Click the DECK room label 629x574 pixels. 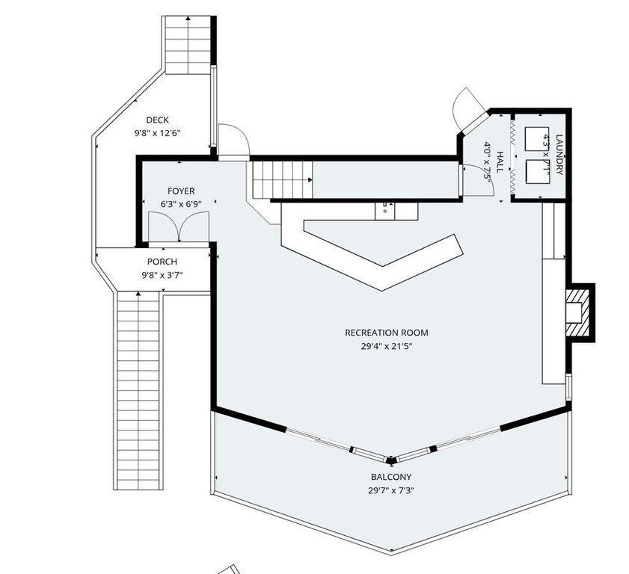[x=157, y=120]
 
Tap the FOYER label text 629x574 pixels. [x=181, y=191]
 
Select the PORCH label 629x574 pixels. [x=162, y=262]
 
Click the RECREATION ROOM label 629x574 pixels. [x=386, y=333]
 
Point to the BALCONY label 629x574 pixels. [x=390, y=477]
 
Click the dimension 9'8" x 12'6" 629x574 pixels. [x=157, y=133]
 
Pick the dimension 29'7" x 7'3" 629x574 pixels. [x=390, y=490]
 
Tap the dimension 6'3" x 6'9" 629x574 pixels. [x=181, y=204]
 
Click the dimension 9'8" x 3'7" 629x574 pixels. [x=162, y=275]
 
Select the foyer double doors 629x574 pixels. [x=178, y=226]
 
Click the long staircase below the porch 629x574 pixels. [x=139, y=389]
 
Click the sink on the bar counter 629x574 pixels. [x=385, y=209]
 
